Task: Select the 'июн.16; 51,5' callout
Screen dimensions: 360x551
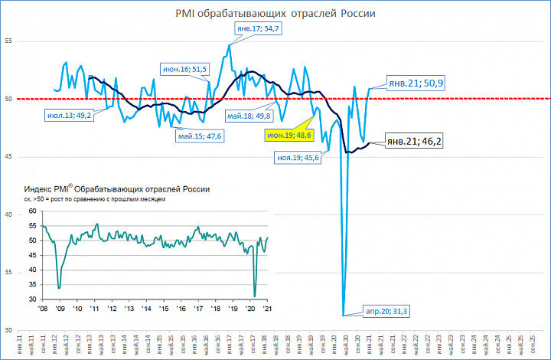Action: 184,69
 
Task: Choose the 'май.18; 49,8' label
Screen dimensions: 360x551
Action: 248,116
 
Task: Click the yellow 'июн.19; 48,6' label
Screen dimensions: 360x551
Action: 289,135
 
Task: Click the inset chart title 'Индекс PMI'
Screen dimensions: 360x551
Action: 116,188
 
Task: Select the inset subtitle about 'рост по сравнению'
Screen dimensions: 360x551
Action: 95,199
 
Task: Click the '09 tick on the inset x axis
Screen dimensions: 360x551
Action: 60,308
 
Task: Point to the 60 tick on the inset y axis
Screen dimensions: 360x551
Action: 31,211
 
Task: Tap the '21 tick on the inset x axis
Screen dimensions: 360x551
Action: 267,308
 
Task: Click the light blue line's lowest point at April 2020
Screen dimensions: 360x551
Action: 344,314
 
